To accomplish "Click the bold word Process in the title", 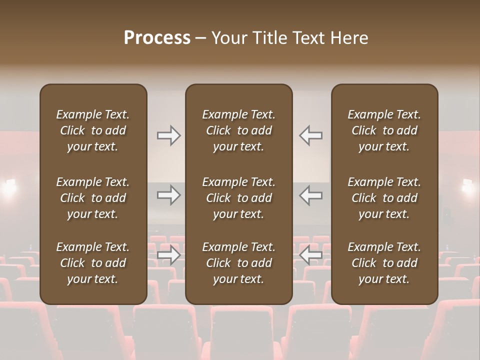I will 157,37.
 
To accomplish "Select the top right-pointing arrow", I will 169,135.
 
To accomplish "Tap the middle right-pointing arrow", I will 169,195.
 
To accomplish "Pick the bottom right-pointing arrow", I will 169,255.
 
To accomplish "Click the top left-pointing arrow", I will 310,135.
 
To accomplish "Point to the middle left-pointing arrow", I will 310,195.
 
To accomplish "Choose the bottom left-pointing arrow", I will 310,255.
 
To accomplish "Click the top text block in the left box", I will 93,130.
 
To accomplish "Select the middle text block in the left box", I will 93,198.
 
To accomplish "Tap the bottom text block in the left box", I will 93,263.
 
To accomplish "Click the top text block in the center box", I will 239,130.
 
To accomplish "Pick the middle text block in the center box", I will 239,198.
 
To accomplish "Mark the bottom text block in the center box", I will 239,263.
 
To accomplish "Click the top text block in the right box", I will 384,130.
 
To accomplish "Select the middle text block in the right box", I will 384,198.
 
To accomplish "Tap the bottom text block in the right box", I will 384,263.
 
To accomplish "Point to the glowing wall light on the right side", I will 468,186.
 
